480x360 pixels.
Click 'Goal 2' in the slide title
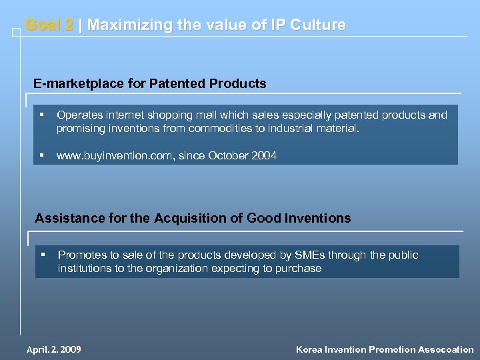click(x=49, y=25)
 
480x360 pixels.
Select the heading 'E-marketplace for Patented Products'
click(x=150, y=84)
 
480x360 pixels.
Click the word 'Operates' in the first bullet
click(x=79, y=115)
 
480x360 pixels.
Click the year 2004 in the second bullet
click(x=264, y=155)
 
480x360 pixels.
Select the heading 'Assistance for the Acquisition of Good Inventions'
click(x=193, y=218)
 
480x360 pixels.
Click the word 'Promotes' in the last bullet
click(x=81, y=255)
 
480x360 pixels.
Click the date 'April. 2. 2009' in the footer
click(x=53, y=349)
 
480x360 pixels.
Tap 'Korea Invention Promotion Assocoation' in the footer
click(x=385, y=349)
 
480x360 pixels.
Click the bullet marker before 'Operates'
click(x=42, y=115)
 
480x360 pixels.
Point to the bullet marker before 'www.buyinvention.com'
click(x=42, y=155)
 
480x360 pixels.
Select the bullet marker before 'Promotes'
click(x=43, y=255)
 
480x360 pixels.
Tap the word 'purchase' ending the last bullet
click(x=299, y=269)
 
